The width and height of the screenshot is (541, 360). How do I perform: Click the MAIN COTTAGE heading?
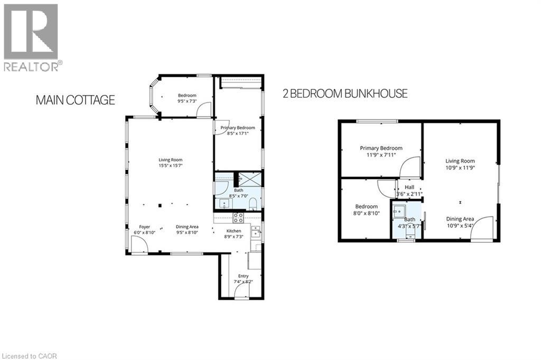click(x=74, y=100)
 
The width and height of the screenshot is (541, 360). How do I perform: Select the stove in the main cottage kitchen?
click(x=238, y=217)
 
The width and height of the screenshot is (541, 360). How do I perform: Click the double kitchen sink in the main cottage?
click(x=256, y=231)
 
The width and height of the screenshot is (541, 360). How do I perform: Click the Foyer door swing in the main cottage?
click(x=139, y=245)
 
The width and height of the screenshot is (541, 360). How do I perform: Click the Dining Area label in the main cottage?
click(x=186, y=227)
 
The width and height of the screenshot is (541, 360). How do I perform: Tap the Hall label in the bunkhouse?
click(x=409, y=187)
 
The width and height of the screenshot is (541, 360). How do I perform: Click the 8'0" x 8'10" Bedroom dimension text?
click(x=366, y=213)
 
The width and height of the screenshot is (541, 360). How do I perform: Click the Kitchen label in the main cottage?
click(x=234, y=231)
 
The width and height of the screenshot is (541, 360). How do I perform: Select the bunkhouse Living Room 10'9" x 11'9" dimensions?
click(x=460, y=168)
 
